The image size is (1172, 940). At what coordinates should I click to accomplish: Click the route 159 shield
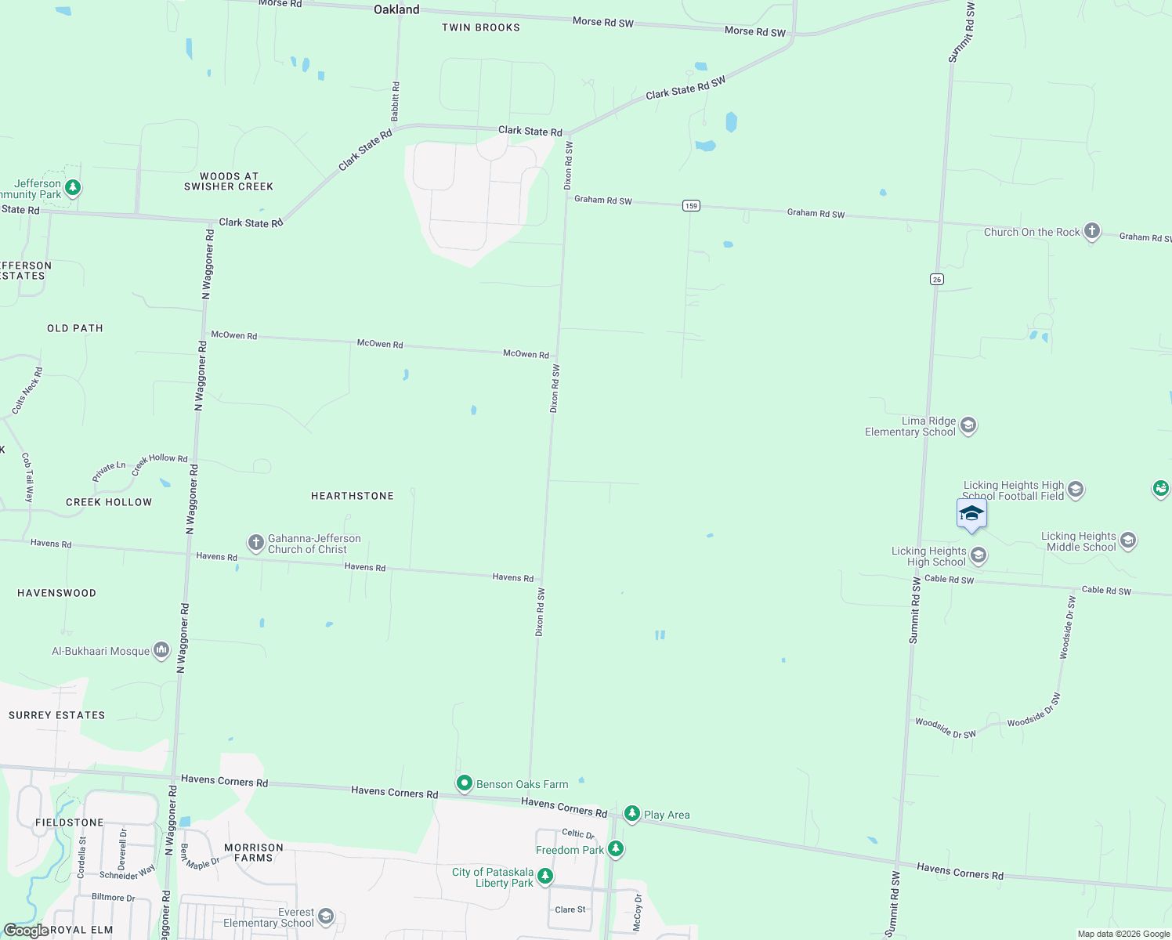[690, 206]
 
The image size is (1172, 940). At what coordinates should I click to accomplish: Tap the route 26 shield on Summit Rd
[937, 280]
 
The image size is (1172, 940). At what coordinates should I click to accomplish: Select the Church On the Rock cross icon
[1092, 231]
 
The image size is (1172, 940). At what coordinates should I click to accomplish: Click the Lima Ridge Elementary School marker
[968, 425]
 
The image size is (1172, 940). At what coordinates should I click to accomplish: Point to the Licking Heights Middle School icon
[1128, 540]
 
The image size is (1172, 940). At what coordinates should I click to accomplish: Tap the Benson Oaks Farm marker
[465, 783]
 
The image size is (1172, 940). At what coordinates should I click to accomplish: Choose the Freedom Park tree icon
[616, 849]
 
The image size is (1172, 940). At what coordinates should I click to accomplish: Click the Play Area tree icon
[631, 814]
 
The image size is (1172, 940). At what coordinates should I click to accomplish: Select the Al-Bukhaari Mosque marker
[161, 650]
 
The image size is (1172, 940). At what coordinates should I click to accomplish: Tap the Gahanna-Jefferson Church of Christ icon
[255, 543]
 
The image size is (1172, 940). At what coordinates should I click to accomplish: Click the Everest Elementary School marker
[326, 916]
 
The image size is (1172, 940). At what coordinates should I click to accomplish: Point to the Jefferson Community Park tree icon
[73, 188]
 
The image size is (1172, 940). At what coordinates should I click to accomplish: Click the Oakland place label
[396, 9]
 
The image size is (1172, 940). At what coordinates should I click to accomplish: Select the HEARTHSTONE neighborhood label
[353, 496]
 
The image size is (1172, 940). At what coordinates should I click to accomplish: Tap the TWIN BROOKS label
[481, 27]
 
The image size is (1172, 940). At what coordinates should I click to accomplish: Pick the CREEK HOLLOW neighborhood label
[109, 502]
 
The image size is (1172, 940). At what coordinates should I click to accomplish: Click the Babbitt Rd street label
[396, 101]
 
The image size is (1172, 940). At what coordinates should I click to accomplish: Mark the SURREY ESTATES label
[56, 715]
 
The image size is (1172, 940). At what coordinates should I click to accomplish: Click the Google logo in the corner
[26, 931]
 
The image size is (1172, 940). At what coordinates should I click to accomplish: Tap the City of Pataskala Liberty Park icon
[545, 876]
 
